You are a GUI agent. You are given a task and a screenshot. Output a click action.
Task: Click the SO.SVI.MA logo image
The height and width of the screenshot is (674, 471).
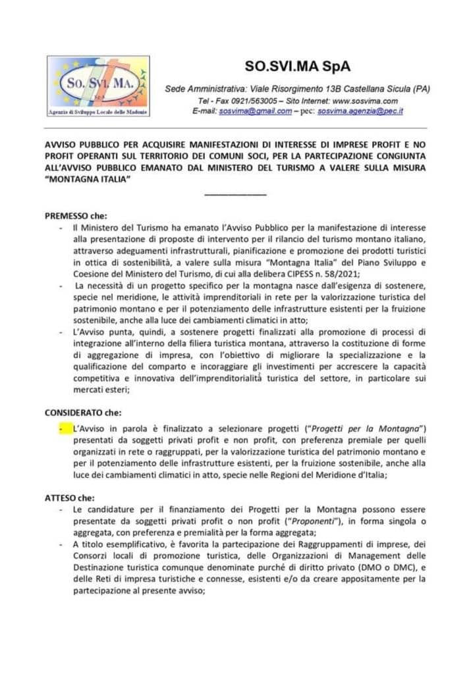click(x=98, y=86)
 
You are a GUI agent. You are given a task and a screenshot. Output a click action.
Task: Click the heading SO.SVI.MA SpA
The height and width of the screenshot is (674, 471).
click(x=298, y=66)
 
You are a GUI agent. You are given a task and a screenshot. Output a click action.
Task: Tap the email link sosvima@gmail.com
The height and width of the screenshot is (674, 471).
click(x=256, y=112)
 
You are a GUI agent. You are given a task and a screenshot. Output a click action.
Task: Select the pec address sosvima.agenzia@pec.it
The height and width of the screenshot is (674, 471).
click(x=360, y=112)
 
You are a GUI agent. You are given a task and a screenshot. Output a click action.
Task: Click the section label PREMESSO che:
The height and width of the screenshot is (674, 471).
click(x=76, y=216)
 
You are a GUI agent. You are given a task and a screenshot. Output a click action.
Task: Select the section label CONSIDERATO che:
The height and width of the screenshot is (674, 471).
click(x=83, y=413)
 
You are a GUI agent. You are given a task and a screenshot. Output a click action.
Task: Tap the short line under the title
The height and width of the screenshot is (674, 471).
click(x=235, y=194)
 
